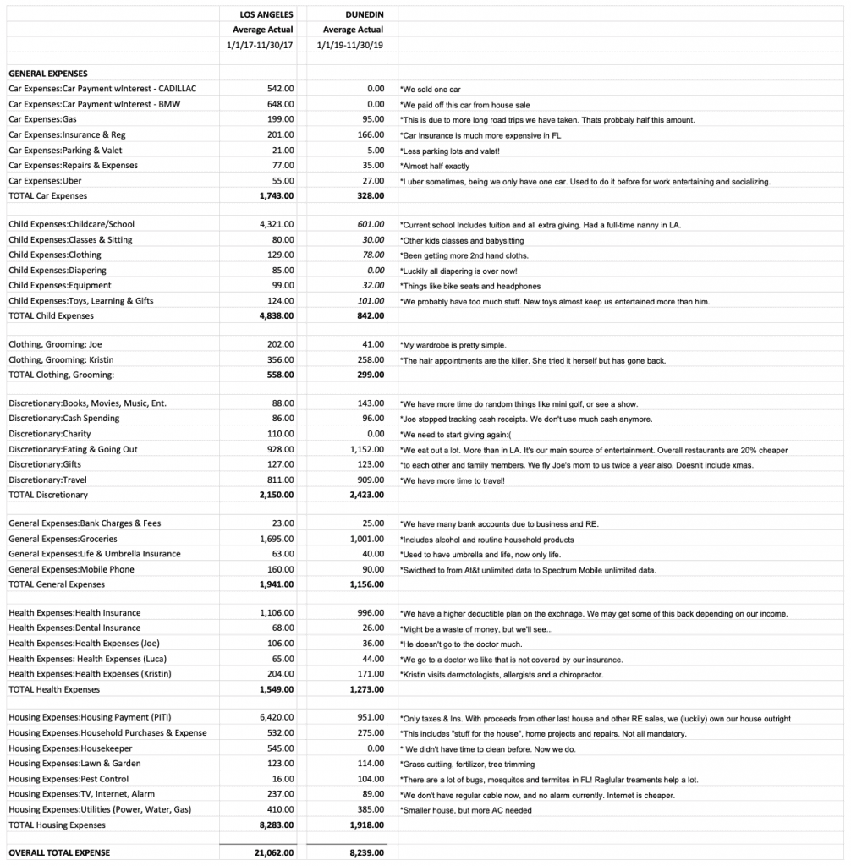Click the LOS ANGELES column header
267,14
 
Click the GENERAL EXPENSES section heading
48,74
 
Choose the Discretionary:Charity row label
51,434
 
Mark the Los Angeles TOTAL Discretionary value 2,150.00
276,495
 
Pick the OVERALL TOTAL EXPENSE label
59,852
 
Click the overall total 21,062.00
273,852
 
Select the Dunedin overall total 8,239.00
365,852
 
